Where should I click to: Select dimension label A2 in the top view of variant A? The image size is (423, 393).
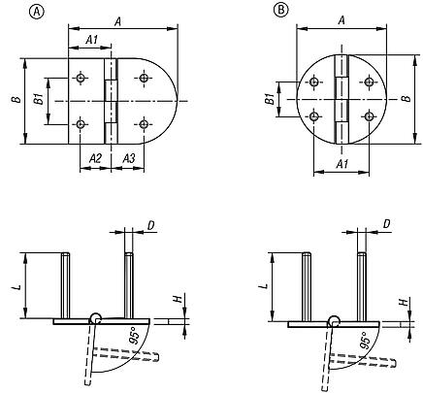[95, 156]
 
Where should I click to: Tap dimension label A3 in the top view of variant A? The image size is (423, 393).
[127, 156]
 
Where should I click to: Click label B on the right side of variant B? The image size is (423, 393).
[405, 99]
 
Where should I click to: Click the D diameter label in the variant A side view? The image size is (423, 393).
[151, 224]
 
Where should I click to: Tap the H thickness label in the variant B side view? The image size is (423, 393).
[403, 303]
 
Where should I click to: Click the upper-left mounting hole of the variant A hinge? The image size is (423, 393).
[83, 79]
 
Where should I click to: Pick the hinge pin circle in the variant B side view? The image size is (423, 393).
[333, 321]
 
